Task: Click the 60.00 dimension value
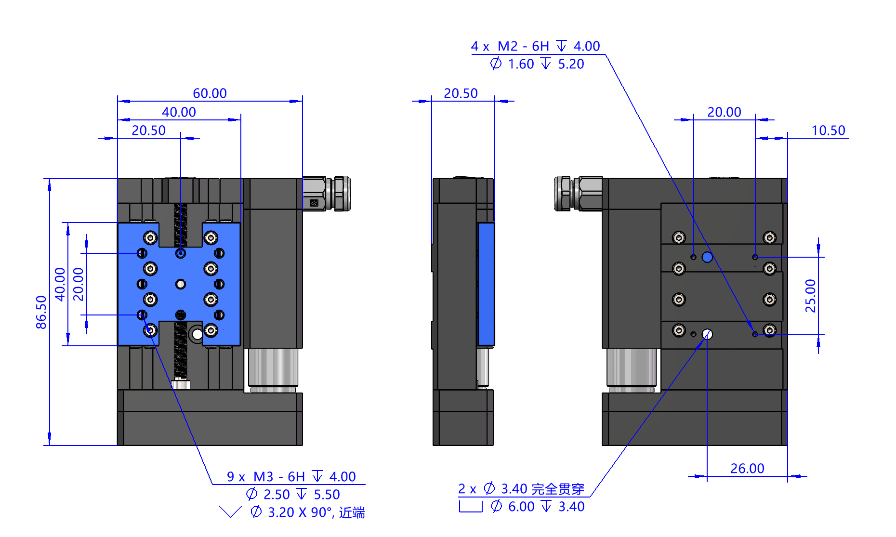[210, 93]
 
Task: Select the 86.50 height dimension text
[41, 312]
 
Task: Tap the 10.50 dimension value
[828, 131]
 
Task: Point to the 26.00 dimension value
[747, 469]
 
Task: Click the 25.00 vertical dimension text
[811, 296]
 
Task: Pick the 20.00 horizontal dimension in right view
[724, 112]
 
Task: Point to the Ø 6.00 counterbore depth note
[538, 507]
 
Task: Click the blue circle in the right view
[707, 257]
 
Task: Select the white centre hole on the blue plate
[181, 284]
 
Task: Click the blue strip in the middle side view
[486, 284]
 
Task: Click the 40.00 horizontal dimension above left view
[179, 112]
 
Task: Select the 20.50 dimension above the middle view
[461, 93]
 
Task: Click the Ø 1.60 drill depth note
[537, 64]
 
